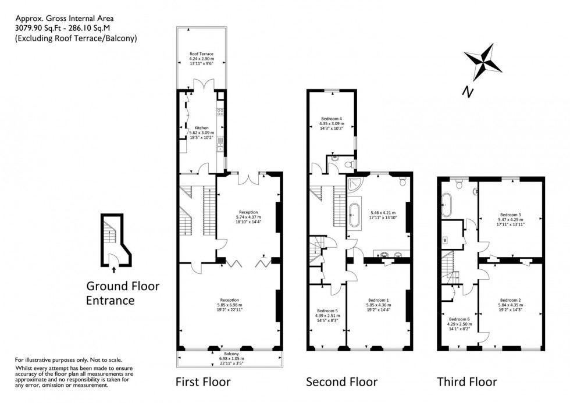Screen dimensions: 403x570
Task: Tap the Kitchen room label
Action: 201,128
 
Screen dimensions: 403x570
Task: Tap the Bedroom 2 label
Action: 510,300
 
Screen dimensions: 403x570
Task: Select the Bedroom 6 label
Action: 459,319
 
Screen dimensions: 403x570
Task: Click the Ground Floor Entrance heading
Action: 122,293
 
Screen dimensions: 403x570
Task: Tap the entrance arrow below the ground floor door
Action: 113,269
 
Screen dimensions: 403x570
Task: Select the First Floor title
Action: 203,382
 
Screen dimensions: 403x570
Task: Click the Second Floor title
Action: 342,382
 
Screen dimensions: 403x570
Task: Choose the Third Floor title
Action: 467,382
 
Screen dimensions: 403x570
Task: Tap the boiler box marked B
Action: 446,240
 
